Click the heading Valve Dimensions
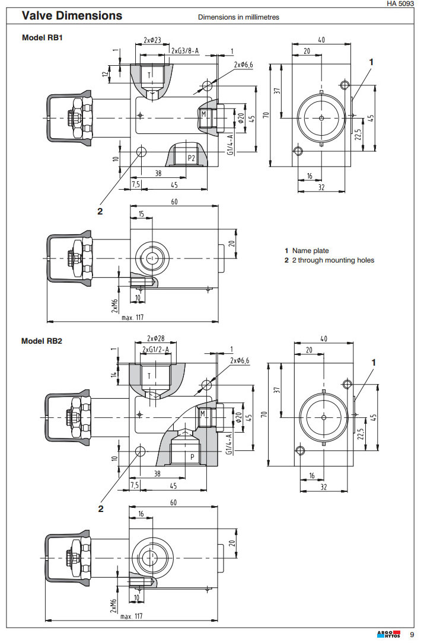coord(72,16)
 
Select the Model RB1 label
coord(42,37)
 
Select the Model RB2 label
coord(42,341)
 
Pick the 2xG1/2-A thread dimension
coord(156,350)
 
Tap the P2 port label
coord(192,158)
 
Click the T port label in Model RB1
coord(149,74)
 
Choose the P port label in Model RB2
coord(192,457)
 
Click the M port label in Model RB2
coord(203,412)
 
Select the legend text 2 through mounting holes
coord(333,260)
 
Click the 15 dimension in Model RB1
coord(141,214)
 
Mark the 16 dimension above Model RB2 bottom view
coord(141,513)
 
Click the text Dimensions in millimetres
coord(238,17)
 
